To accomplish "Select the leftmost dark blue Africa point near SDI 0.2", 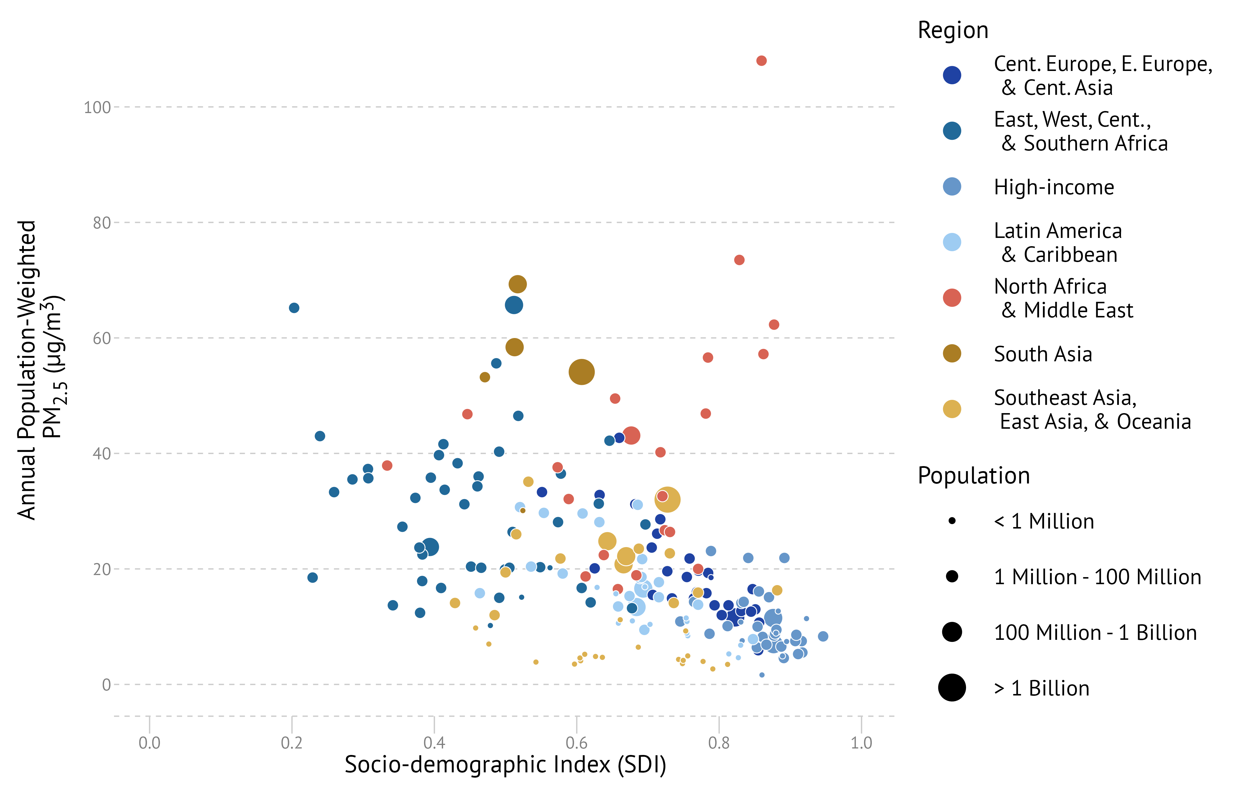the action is coord(294,308).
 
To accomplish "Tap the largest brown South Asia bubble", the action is coord(581,372).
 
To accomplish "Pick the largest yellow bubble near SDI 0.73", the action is coord(667,499).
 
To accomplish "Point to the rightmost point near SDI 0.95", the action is coord(823,636).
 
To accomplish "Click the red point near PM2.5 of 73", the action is coord(739,260).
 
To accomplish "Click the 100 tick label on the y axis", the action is coord(97,107).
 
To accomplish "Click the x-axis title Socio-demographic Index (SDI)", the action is coord(505,765).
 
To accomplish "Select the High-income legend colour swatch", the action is coord(952,186).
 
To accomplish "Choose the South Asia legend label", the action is coord(1043,354).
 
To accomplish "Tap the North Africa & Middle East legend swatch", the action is coord(952,298).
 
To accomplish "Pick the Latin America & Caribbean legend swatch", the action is coord(952,242).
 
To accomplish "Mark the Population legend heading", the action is coord(974,476).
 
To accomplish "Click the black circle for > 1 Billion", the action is coord(952,688).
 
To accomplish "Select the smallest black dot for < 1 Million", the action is coord(952,521).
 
